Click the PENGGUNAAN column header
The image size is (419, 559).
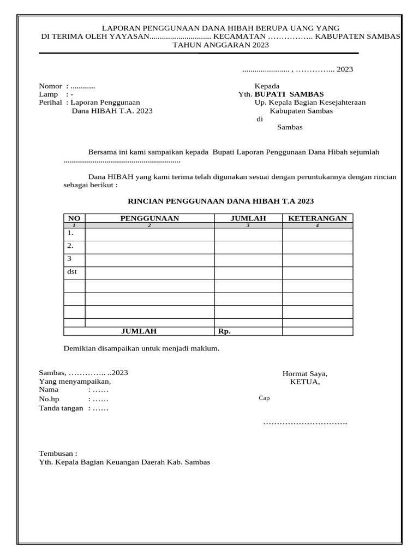pyautogui.click(x=149, y=218)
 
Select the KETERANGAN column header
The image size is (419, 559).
pyautogui.click(x=317, y=218)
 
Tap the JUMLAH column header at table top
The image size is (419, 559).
pyautogui.click(x=248, y=218)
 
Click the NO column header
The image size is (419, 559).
pyautogui.click(x=74, y=218)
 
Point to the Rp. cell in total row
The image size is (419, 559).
pyautogui.click(x=224, y=331)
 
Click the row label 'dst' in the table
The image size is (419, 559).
pyautogui.click(x=72, y=271)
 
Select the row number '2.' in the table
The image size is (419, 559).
pyautogui.click(x=70, y=246)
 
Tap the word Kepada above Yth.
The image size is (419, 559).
pyautogui.click(x=267, y=86)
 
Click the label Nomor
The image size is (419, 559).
pyautogui.click(x=50, y=86)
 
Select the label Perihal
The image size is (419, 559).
pyautogui.click(x=51, y=102)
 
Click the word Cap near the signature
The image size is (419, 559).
pyautogui.click(x=264, y=398)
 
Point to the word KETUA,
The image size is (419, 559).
pyautogui.click(x=305, y=382)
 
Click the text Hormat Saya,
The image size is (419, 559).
pyautogui.click(x=304, y=373)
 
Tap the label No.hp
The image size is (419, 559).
pyautogui.click(x=49, y=399)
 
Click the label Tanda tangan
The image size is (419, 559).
pyautogui.click(x=61, y=408)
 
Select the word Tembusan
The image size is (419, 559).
pyautogui.click(x=57, y=453)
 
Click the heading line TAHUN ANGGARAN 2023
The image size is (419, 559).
pyautogui.click(x=220, y=45)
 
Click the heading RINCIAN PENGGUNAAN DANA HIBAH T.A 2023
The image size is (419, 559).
pyautogui.click(x=220, y=201)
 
